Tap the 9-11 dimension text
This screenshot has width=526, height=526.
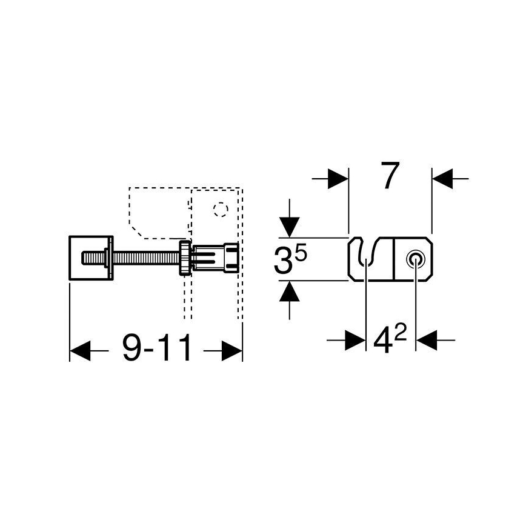(157, 349)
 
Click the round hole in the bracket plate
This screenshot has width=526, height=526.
(415, 259)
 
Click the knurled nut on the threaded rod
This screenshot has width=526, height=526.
(182, 259)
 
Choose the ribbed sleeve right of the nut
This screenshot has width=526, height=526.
(215, 258)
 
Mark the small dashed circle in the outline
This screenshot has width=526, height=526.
(220, 210)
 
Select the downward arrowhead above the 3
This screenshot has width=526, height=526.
(290, 227)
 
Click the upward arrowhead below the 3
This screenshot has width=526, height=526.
(290, 293)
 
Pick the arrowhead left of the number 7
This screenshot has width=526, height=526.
(339, 178)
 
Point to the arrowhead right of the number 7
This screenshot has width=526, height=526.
(442, 178)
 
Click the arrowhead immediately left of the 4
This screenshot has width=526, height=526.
(356, 340)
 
